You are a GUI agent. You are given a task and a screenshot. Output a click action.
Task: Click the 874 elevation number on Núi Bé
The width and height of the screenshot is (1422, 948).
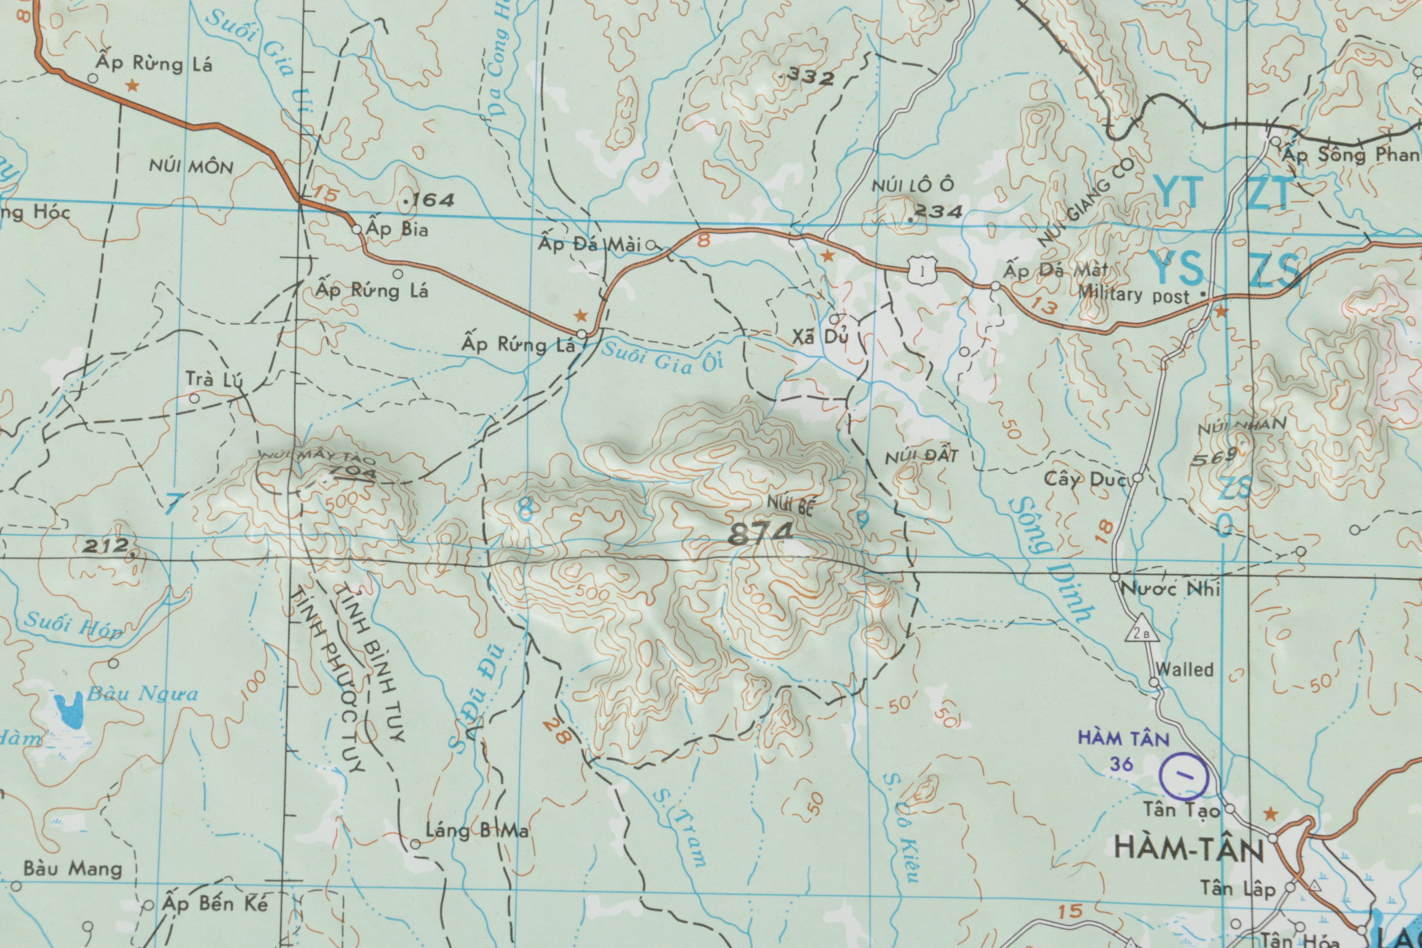coord(761,534)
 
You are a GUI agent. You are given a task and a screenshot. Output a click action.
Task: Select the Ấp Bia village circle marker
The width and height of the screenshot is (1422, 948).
coord(357,229)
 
